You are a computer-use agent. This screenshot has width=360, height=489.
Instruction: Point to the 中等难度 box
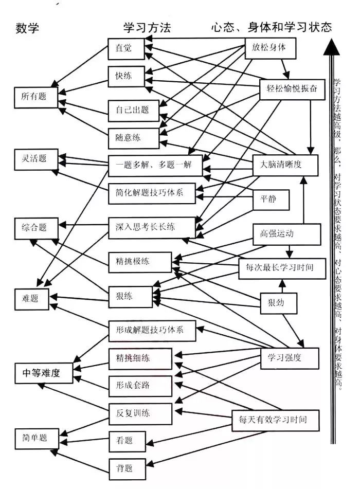[x=41, y=373]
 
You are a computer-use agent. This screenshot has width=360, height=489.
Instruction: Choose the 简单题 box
[x=35, y=439]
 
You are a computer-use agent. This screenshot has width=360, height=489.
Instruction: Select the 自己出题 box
[x=133, y=110]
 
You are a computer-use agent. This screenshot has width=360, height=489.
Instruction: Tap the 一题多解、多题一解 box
[x=154, y=166]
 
